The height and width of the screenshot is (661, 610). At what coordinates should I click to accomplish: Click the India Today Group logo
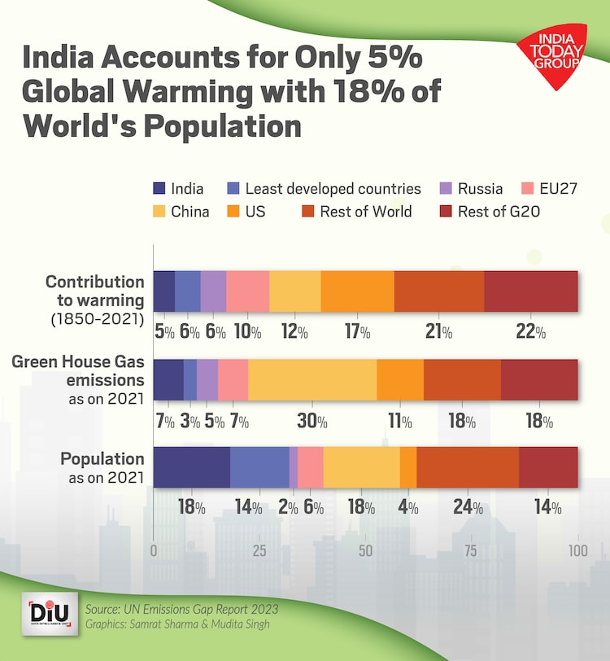pos(552,51)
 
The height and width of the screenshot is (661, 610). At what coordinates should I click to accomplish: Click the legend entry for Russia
pos(473,189)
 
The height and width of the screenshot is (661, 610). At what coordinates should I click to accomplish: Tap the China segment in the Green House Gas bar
pos(312,379)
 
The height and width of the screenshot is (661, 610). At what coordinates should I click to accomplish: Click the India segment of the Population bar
pos(191,467)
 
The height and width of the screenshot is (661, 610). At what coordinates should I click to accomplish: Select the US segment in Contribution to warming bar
pos(358,291)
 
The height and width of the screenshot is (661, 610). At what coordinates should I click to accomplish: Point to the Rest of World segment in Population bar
pos(468,467)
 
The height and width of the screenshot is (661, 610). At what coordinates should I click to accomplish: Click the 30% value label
pos(312,422)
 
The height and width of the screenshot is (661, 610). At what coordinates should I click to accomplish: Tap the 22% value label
pos(530,333)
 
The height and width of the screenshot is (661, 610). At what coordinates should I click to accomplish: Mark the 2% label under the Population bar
pos(289,508)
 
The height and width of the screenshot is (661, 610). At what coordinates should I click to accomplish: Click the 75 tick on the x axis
pos(472,550)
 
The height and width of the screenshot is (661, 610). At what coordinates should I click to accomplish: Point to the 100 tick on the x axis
pos(577,550)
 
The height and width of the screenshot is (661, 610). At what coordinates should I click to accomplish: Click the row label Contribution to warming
pos(94,290)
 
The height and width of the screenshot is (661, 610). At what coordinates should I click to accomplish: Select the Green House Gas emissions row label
pos(78,371)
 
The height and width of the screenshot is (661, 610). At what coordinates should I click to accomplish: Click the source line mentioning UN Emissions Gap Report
pos(181,609)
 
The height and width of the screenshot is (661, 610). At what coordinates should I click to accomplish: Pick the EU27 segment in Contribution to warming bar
pos(247,291)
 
